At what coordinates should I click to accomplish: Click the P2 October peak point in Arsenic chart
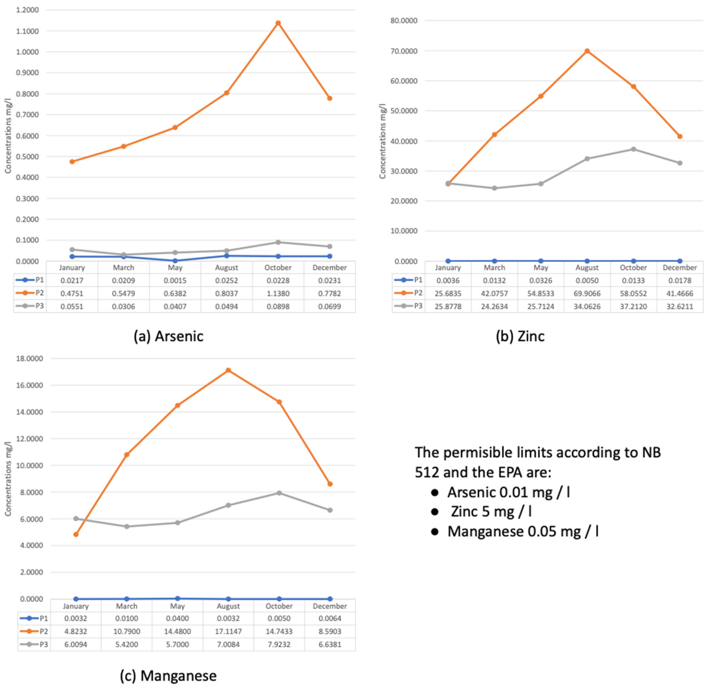[x=278, y=23]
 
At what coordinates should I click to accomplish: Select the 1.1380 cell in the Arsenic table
[x=278, y=293]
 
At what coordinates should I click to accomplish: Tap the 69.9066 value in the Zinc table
[x=587, y=293]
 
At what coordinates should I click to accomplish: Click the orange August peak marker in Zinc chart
[x=587, y=51]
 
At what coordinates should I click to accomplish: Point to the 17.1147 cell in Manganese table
[x=228, y=631]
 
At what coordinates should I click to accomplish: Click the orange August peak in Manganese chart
[x=228, y=370]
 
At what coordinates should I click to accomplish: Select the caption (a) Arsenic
[x=169, y=336]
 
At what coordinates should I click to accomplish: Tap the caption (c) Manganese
[x=169, y=675]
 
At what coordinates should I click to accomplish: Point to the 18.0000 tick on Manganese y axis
[x=29, y=359]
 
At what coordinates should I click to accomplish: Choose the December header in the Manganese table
[x=329, y=606]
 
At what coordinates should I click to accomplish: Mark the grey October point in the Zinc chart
[x=633, y=149]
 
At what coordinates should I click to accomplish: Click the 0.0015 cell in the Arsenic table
[x=175, y=280]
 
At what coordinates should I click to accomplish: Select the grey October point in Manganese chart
[x=279, y=493]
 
